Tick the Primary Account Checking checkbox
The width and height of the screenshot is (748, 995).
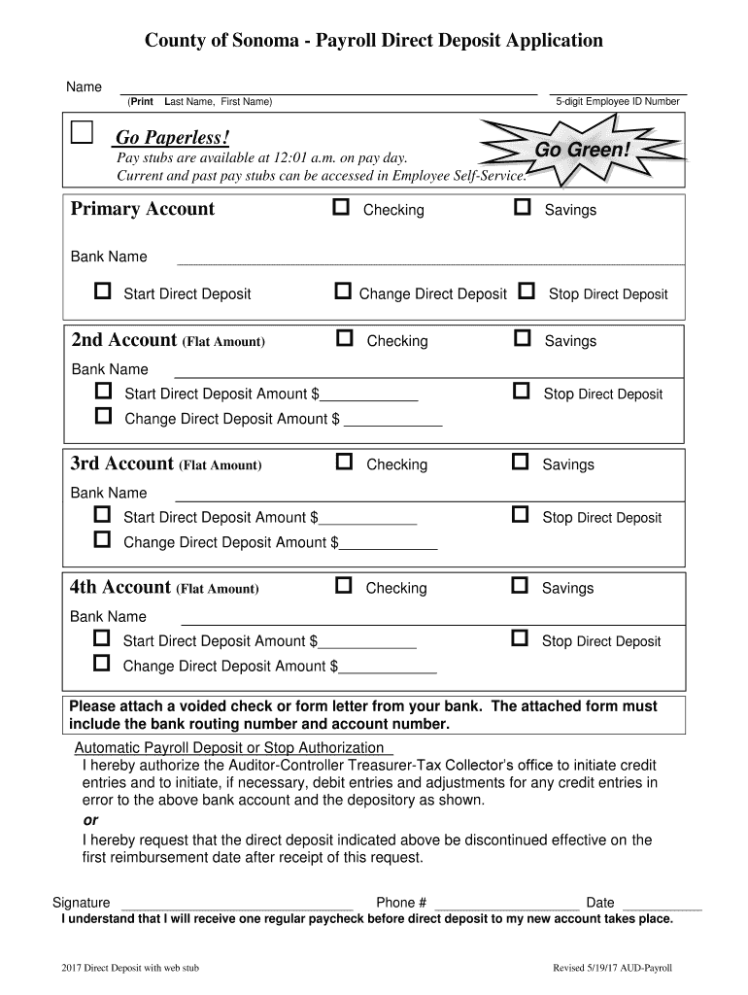(x=341, y=208)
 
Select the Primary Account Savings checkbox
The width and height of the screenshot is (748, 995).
(x=523, y=208)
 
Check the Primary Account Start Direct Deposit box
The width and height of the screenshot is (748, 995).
(x=102, y=292)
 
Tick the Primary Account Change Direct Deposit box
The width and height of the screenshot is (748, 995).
(x=342, y=292)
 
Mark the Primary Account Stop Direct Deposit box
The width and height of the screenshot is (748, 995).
(x=527, y=292)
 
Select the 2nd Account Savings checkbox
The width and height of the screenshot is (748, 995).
(x=523, y=339)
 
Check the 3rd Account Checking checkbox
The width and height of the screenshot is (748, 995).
(x=344, y=463)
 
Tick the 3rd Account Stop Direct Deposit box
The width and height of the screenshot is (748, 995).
(x=521, y=516)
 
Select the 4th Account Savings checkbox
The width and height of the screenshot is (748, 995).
(x=521, y=586)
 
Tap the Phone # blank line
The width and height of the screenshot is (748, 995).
(x=506, y=906)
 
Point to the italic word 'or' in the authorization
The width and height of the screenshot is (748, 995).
(x=90, y=820)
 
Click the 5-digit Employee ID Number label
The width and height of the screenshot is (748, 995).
(x=618, y=102)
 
